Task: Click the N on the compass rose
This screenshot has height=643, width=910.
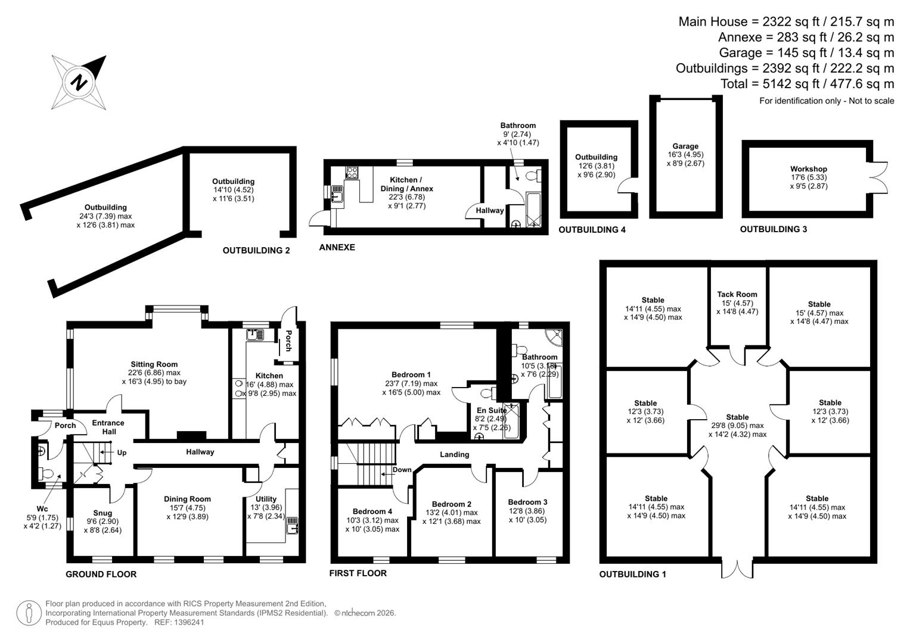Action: click(79, 82)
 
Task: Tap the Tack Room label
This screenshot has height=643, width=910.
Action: click(737, 294)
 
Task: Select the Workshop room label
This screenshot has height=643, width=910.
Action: click(809, 169)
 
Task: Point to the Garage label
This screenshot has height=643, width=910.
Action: click(685, 146)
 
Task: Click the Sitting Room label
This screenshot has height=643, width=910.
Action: click(154, 364)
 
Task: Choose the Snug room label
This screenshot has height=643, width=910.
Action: click(103, 513)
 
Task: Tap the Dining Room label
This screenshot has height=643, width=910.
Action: click(187, 499)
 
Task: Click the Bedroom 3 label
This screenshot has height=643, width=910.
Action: click(527, 502)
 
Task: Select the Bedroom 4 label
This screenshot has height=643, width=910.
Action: click(372, 511)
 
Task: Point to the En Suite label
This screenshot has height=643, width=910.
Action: click(492, 410)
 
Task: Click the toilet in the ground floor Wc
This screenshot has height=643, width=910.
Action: click(46, 473)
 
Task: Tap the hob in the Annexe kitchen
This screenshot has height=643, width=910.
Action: click(352, 173)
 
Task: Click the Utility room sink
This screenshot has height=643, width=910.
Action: click(292, 525)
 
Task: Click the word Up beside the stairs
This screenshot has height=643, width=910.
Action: click(122, 452)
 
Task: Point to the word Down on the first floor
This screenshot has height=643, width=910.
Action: click(402, 470)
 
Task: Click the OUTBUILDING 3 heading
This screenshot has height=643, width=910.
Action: click(773, 229)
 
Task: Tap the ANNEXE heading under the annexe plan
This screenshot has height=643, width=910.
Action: click(337, 247)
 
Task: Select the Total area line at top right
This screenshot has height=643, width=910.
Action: click(807, 83)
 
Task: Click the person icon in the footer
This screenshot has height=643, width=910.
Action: click(29, 613)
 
